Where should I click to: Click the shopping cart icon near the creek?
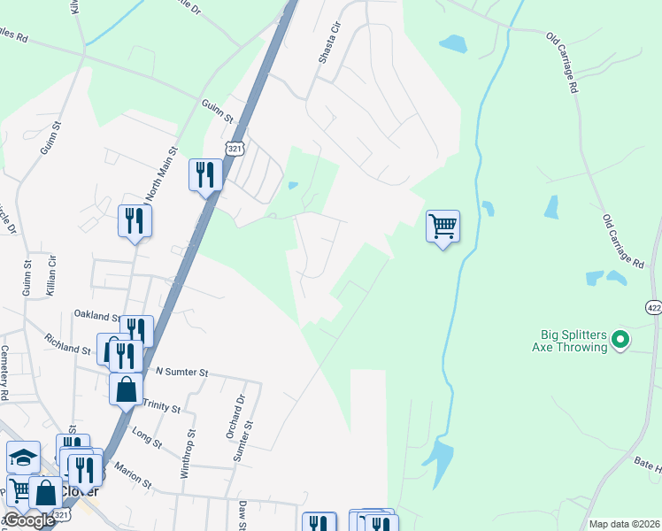[443, 227]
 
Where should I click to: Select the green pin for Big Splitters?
[620, 338]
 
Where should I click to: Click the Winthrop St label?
[188, 455]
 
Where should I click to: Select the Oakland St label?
[97, 316]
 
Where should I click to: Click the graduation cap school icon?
[24, 458]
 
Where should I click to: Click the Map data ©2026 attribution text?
[624, 524]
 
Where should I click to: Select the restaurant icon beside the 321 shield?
[205, 173]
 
